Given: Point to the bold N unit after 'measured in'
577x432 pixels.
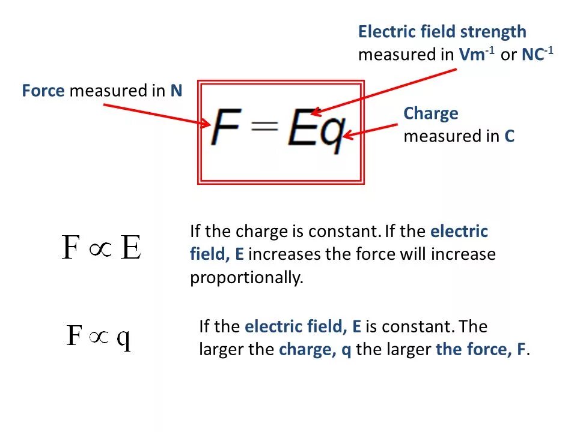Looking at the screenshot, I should click(176, 91).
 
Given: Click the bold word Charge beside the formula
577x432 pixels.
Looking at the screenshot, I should click(430, 113).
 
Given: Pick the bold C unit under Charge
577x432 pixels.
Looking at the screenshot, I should click(509, 136).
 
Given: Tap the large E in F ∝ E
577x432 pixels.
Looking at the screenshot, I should click(130, 247).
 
